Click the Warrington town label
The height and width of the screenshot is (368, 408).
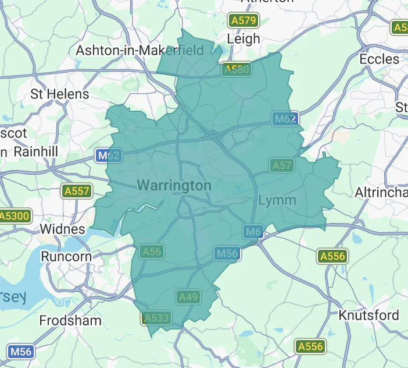pyautogui.click(x=174, y=186)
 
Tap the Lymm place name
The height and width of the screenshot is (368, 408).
pyautogui.click(x=277, y=200)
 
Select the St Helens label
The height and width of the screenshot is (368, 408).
pyautogui.click(x=60, y=94)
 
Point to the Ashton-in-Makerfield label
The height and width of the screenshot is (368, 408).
pyautogui.click(x=140, y=51)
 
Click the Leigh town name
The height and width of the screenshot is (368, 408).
pyautogui.click(x=244, y=39)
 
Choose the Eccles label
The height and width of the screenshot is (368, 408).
pyautogui.click(x=380, y=59)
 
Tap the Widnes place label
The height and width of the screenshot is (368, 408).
pyautogui.click(x=62, y=229)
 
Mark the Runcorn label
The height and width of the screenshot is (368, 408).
pyautogui.click(x=66, y=256)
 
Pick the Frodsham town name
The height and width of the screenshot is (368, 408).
pyautogui.click(x=70, y=320)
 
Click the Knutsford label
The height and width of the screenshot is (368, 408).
pyautogui.click(x=369, y=315)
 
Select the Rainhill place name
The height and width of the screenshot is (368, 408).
pyautogui.click(x=35, y=151)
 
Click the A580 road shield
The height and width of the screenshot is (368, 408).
pyautogui.click(x=237, y=70)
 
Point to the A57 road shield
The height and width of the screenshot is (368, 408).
pyautogui.click(x=282, y=165)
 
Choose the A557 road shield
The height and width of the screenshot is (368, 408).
pyautogui.click(x=77, y=190)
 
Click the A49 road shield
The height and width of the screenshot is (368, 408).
pyautogui.click(x=188, y=297)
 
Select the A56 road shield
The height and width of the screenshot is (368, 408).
pyautogui.click(x=151, y=252)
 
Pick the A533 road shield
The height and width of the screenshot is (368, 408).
pyautogui.click(x=156, y=318)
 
